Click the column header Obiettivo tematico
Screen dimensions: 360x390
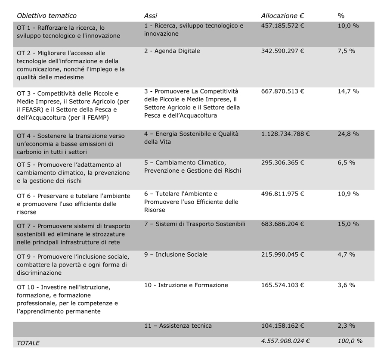[46, 16]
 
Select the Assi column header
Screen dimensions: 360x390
[151, 16]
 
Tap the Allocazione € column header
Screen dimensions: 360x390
[282, 16]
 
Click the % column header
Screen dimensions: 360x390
[341, 16]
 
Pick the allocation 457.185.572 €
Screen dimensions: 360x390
[282, 26]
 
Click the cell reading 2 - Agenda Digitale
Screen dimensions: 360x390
[172, 51]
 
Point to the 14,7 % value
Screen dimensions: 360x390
[348, 91]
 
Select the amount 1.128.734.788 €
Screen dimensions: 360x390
[285, 134]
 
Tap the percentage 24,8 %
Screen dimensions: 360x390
[348, 134]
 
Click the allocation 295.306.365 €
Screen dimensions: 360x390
[282, 163]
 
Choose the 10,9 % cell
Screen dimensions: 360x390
[348, 194]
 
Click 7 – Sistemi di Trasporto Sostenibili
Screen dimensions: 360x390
[195, 224]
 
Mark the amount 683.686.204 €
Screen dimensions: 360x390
[282, 224]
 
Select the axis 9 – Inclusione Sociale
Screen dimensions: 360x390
[176, 254]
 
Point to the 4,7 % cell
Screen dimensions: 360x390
[347, 254]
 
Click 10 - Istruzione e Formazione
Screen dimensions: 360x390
[186, 285]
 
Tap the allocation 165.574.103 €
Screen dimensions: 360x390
[282, 285]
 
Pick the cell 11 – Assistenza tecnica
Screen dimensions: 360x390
[178, 326]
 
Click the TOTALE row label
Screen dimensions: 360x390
[28, 343]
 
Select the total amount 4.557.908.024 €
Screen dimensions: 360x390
[285, 341]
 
